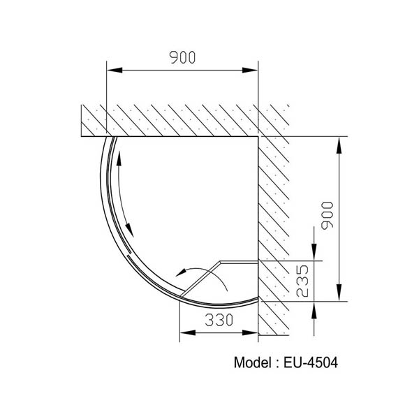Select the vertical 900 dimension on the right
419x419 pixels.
pos(329,215)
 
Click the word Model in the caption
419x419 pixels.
pos(254,363)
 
